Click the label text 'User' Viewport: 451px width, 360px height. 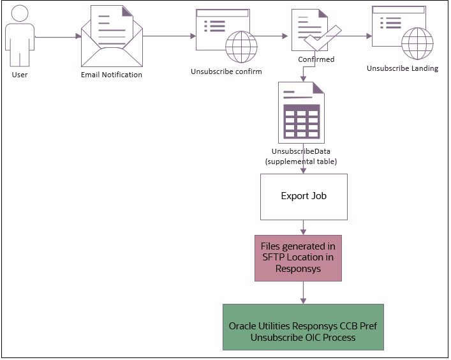(20, 75)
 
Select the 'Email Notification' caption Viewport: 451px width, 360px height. (112, 75)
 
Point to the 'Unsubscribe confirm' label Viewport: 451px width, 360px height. (226, 71)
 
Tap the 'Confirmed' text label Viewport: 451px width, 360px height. (316, 59)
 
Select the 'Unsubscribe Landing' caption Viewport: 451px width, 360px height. (403, 68)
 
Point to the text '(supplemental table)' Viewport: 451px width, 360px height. (301, 161)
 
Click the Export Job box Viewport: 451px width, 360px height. (304, 196)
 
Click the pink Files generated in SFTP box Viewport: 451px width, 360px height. (298, 257)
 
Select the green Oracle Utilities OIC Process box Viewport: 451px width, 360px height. (303, 327)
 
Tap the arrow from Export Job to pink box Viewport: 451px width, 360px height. (304, 227)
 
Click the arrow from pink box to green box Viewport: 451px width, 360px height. (304, 292)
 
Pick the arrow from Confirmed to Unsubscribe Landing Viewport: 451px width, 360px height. (351, 36)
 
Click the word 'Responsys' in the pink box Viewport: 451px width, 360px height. (298, 269)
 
